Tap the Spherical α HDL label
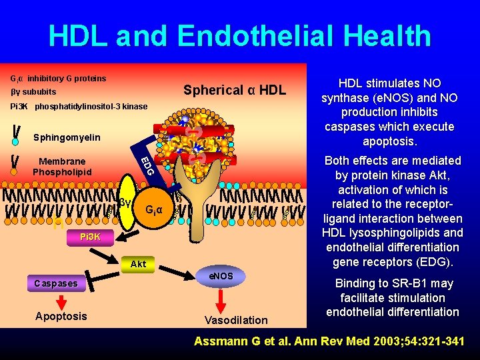tap(235, 90)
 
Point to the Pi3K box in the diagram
tap(90, 237)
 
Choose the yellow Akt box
tap(139, 264)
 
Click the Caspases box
tap(56, 283)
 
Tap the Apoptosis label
tap(61, 316)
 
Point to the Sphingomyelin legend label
tap(67, 137)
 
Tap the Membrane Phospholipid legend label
tap(62, 167)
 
